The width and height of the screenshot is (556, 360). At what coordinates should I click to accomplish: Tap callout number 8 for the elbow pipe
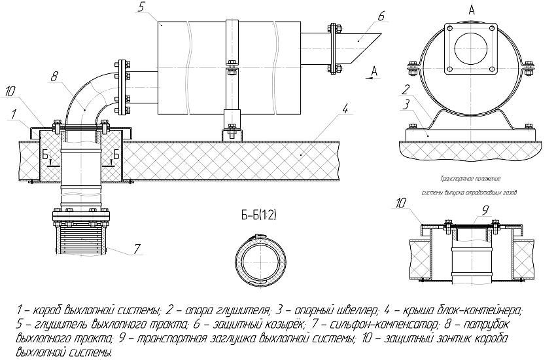tap(53, 76)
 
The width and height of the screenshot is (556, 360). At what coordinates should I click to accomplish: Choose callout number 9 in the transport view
tap(485, 209)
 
